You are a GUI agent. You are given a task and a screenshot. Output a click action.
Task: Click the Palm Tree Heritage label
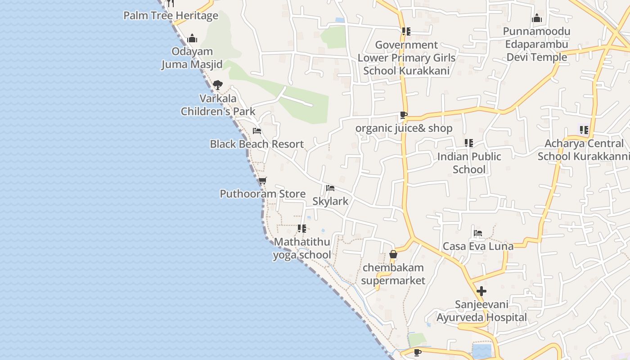(171, 16)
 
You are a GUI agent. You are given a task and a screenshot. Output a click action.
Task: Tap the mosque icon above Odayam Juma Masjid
(192, 38)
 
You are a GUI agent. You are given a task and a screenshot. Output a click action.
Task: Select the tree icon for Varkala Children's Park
(218, 85)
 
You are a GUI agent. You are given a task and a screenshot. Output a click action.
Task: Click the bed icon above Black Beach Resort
(257, 131)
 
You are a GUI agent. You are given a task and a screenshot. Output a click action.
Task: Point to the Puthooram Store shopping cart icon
(263, 181)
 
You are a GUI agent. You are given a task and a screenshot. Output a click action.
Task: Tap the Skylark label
(330, 201)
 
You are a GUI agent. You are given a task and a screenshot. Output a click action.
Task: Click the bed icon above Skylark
(330, 188)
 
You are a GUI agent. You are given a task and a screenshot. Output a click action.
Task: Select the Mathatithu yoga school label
(302, 248)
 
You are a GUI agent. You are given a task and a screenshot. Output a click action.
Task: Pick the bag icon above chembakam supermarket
(393, 255)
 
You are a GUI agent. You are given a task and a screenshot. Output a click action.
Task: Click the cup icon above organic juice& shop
(404, 115)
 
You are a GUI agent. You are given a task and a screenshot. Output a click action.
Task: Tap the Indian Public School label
(469, 163)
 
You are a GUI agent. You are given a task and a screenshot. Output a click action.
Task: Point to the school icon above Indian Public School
(469, 143)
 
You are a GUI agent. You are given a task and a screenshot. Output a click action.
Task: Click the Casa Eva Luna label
(478, 246)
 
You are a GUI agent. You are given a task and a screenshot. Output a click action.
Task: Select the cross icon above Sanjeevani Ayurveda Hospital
(481, 291)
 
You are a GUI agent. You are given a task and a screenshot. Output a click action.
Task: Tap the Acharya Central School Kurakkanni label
(584, 150)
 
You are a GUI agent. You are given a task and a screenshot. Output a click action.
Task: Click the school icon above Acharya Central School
(584, 130)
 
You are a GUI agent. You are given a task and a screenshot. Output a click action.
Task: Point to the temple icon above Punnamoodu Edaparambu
(536, 18)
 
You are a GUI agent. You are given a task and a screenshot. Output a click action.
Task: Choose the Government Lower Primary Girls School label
(406, 58)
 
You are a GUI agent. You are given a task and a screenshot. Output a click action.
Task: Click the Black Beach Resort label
(257, 144)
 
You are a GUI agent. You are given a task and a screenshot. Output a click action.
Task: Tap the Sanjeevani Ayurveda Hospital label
(481, 311)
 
